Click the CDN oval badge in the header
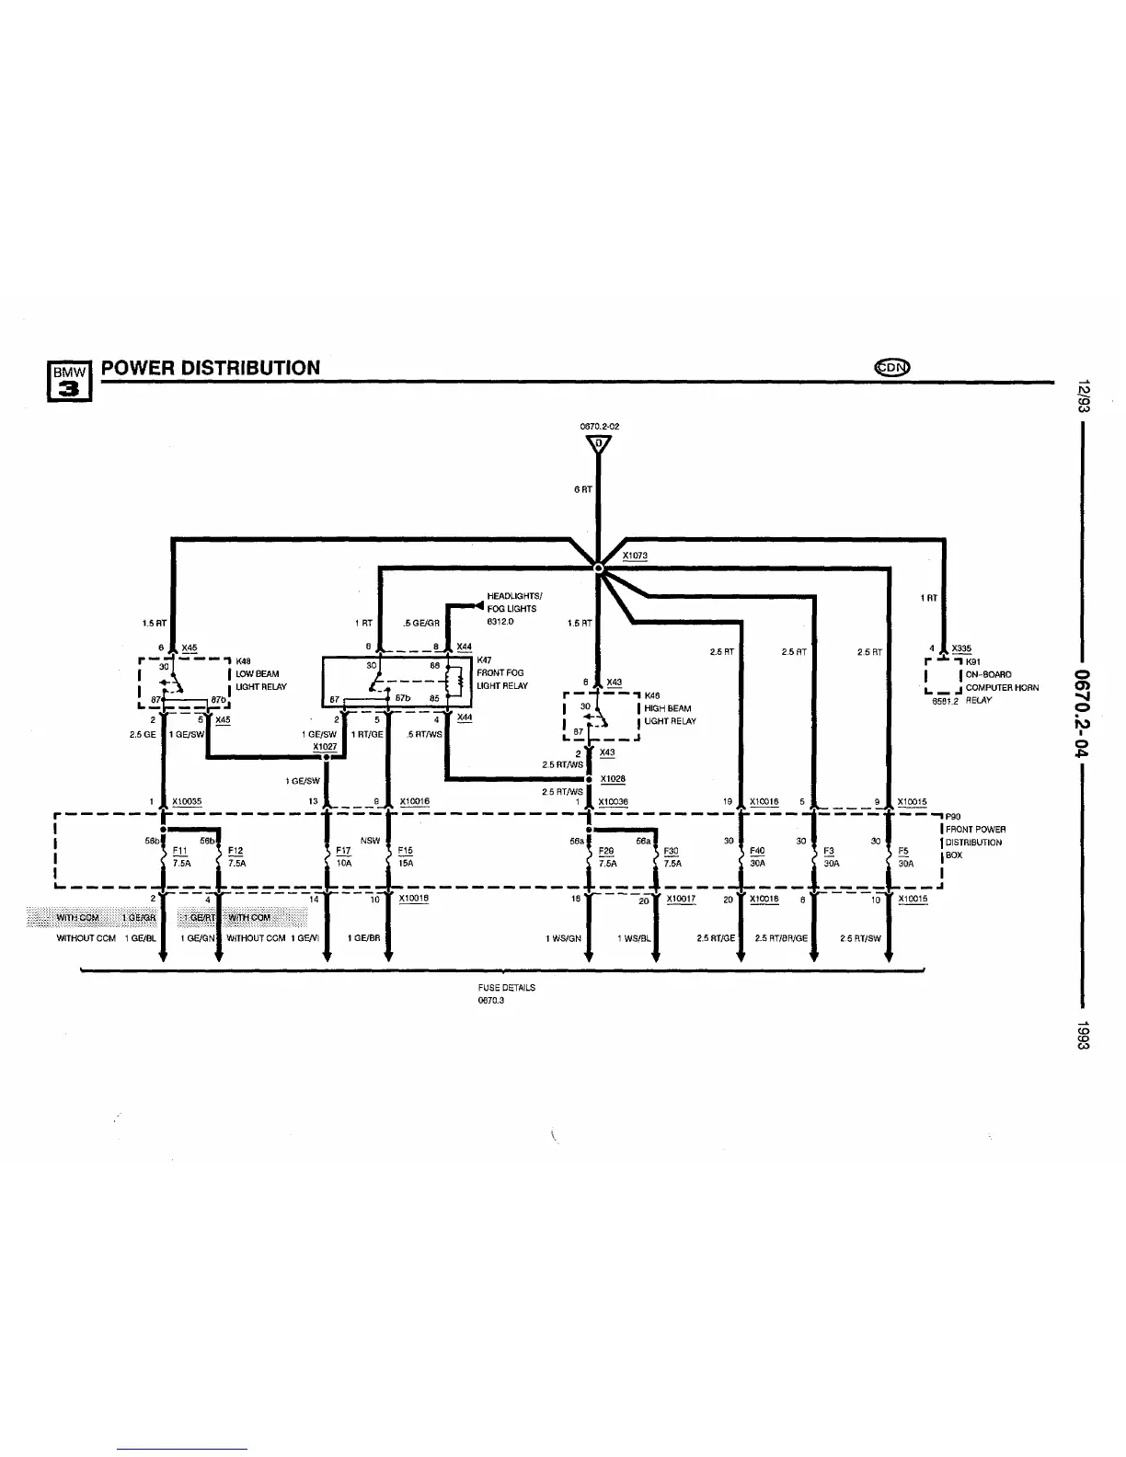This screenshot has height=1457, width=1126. pyautogui.click(x=891, y=367)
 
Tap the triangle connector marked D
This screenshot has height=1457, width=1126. pyautogui.click(x=598, y=445)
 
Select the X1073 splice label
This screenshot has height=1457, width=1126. pyautogui.click(x=635, y=556)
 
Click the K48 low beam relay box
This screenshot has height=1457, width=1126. pyautogui.click(x=184, y=685)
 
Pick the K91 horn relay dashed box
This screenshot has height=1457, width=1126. pyautogui.click(x=943, y=676)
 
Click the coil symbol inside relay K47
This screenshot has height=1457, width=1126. pyautogui.click(x=452, y=683)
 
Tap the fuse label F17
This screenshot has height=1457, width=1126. pyautogui.click(x=343, y=851)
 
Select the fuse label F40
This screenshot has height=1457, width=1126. pyautogui.click(x=757, y=851)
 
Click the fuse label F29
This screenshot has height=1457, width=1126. pyautogui.click(x=605, y=851)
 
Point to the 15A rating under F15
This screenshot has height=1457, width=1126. pyautogui.click(x=406, y=864)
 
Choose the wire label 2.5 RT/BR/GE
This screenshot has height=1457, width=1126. pyautogui.click(x=781, y=938)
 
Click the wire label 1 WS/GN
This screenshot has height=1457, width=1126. pyautogui.click(x=563, y=938)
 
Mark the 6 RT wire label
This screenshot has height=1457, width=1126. pyautogui.click(x=582, y=489)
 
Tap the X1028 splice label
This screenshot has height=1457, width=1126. pyautogui.click(x=613, y=779)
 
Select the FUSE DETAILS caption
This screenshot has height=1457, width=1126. pyautogui.click(x=506, y=987)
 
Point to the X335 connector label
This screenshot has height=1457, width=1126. pyautogui.click(x=961, y=648)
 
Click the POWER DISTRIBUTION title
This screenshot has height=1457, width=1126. pyautogui.click(x=211, y=368)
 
